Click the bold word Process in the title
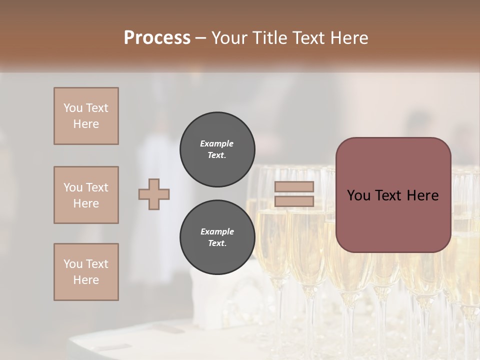(x=157, y=38)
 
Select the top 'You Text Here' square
(x=86, y=116)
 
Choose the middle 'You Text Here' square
(x=86, y=195)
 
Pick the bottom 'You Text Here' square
(x=86, y=272)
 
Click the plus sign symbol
(x=154, y=194)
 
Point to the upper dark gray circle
(x=217, y=149)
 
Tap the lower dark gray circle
(x=217, y=237)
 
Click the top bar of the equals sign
(x=294, y=187)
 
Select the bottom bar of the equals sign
(x=294, y=201)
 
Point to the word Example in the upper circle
(x=217, y=143)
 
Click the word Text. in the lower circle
(x=217, y=243)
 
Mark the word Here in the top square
(x=86, y=124)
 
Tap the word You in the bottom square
(x=72, y=264)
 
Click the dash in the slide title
(x=201, y=38)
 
